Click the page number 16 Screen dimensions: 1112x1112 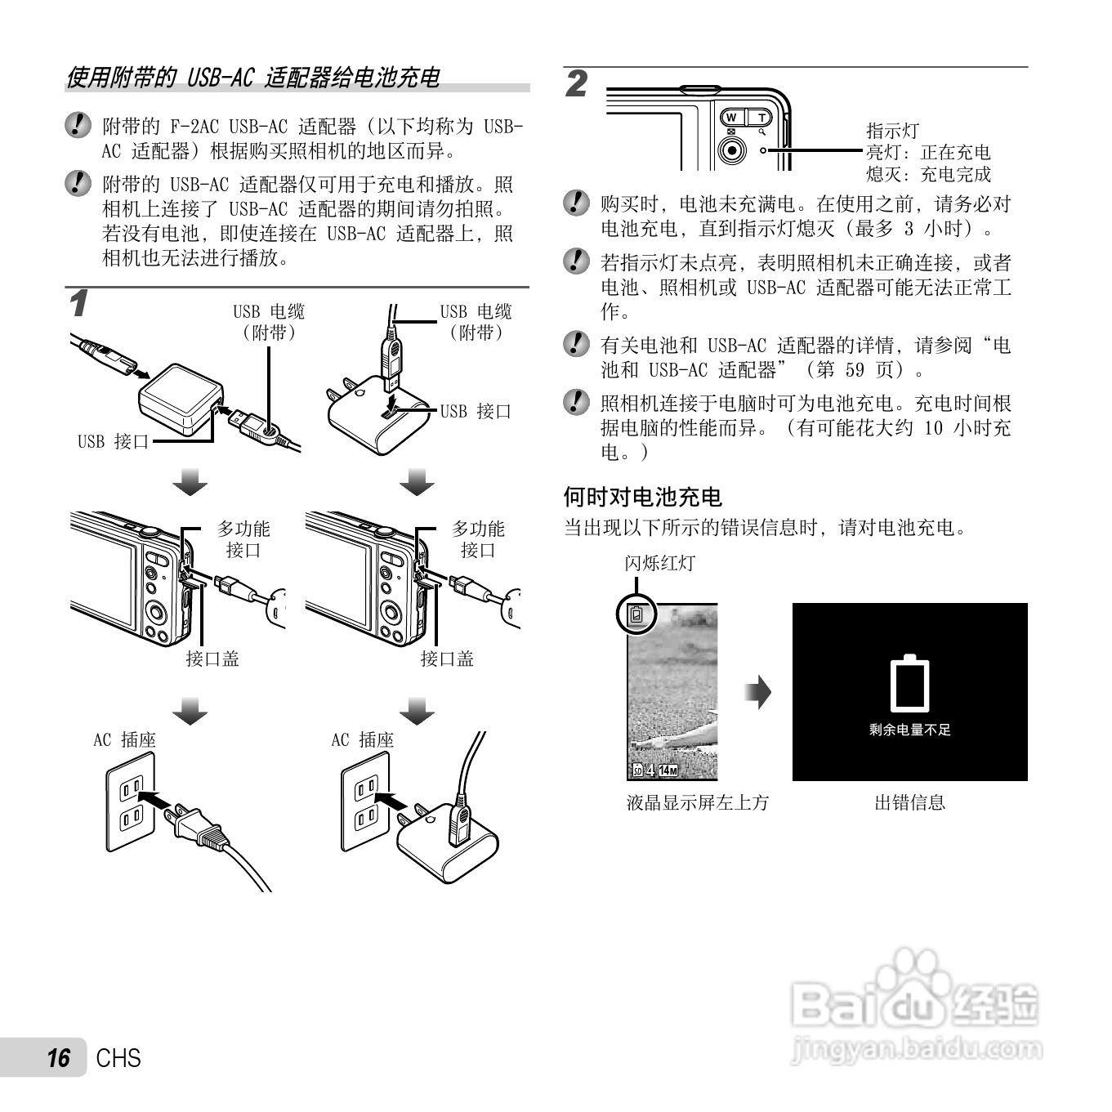[x=58, y=1058]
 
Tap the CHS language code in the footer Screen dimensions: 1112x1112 [x=118, y=1058]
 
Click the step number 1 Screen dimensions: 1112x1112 [x=78, y=304]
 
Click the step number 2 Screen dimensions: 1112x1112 [x=577, y=84]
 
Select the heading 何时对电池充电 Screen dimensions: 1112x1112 [x=642, y=497]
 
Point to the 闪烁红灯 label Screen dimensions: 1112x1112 [x=659, y=563]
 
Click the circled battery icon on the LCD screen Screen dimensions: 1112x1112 [x=636, y=615]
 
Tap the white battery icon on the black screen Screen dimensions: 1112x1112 [x=909, y=683]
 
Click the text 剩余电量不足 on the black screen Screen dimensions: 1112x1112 [x=909, y=730]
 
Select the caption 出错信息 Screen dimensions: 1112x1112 [x=909, y=802]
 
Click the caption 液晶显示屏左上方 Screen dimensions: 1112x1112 [x=698, y=802]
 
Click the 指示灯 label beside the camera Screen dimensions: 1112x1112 [x=892, y=131]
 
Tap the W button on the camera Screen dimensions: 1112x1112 [x=731, y=118]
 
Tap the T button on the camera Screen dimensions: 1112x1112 [x=761, y=118]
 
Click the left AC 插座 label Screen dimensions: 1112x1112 [x=124, y=740]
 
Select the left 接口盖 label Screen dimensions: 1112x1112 [x=212, y=659]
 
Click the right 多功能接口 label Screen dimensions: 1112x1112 [x=478, y=539]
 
